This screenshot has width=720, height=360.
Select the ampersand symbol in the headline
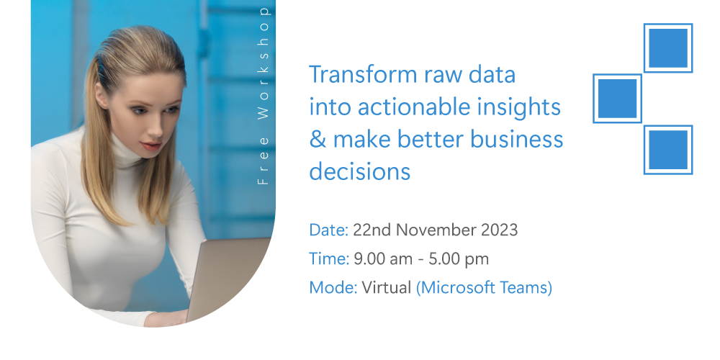(318, 139)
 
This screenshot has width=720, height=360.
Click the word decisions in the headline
(359, 172)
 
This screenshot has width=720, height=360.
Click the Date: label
(329, 230)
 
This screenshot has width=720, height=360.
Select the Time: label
(329, 258)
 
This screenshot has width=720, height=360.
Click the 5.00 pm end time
(459, 259)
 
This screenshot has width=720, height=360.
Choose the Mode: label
(333, 287)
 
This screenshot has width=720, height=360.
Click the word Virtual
(386, 287)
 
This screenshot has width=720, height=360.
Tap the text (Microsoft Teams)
(484, 287)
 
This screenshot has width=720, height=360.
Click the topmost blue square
(668, 48)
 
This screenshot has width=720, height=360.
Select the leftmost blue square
(617, 98)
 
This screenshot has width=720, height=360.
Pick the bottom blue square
(668, 150)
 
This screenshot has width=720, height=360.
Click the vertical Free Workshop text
(263, 96)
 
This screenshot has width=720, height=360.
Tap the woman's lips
(151, 146)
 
